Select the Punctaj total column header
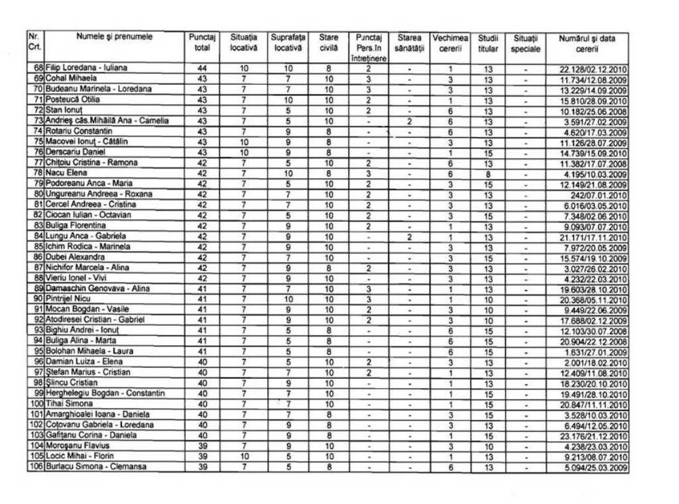tap(202, 43)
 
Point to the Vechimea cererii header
tap(450, 43)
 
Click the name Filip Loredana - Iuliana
tap(86, 68)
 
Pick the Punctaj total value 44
tap(202, 68)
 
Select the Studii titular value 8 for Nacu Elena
tap(487, 173)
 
